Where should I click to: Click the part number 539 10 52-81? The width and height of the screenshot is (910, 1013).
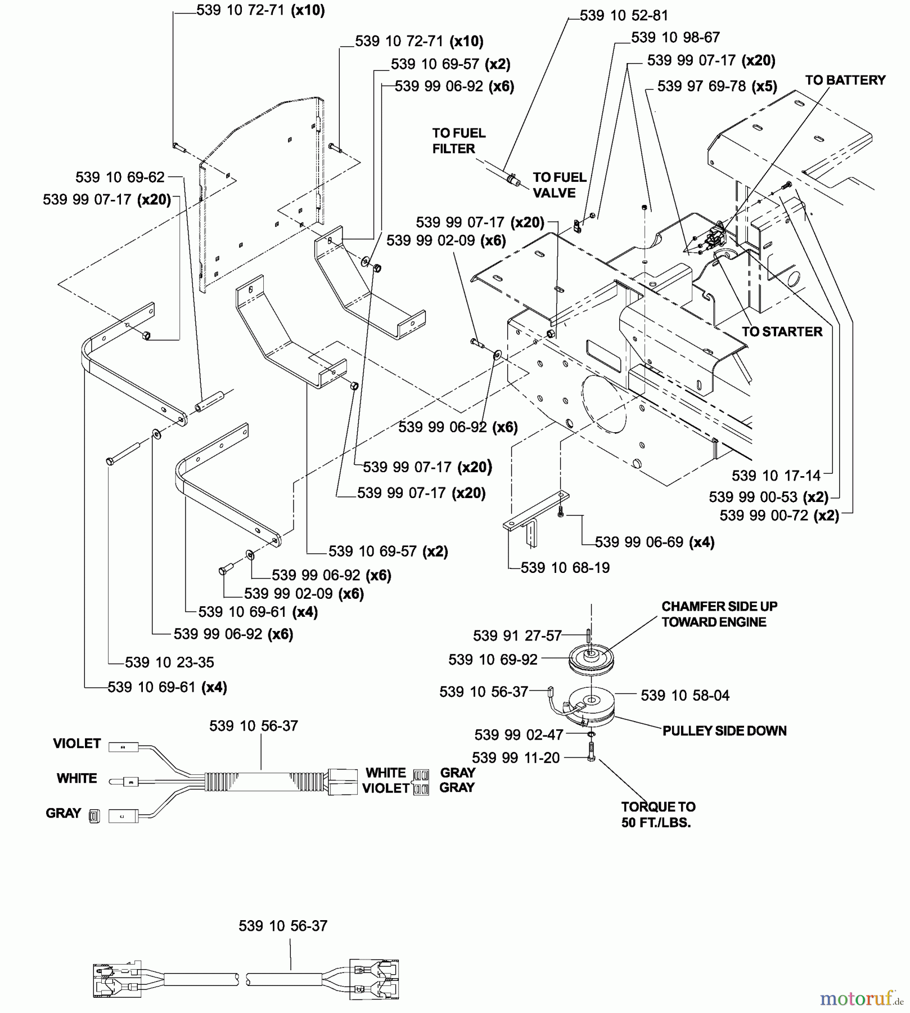point(623,15)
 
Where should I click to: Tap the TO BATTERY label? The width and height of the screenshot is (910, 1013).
point(845,80)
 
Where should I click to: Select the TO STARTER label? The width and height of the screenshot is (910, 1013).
point(782,331)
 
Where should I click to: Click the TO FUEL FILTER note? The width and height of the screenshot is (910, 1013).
point(458,141)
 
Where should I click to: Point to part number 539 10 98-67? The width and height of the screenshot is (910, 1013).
point(675,38)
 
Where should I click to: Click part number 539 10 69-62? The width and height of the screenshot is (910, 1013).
point(120,177)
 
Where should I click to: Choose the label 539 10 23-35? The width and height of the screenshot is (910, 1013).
point(169,662)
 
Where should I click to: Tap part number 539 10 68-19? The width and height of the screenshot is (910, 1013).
point(565,568)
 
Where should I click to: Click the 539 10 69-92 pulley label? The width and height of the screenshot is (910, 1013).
point(493,660)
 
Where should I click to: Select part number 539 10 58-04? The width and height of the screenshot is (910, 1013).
point(685,696)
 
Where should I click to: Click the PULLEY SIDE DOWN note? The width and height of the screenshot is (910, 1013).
point(724,731)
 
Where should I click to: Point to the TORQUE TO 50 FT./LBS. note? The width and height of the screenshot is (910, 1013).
point(657,814)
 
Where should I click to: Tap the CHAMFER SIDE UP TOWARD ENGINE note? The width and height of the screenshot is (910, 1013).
point(719,614)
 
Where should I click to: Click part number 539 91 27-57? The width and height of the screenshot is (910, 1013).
point(517,636)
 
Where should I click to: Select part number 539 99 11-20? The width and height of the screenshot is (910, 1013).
point(516,758)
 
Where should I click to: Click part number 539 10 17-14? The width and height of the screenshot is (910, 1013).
point(776,476)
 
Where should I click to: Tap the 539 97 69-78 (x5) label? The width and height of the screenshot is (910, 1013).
point(717,86)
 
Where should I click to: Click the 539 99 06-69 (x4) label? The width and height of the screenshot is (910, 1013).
point(654,542)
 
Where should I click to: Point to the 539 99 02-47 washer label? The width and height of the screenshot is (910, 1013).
point(518,735)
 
